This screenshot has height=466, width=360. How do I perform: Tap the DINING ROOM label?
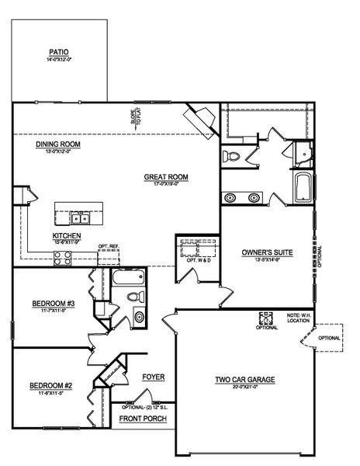58,144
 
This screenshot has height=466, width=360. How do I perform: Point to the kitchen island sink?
79,218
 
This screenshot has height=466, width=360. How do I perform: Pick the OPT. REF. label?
108,247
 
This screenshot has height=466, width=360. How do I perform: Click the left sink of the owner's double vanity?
230,198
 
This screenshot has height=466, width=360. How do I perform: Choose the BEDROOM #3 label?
52,303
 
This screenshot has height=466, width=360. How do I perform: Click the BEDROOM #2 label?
50,386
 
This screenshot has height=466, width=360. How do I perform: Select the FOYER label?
153,377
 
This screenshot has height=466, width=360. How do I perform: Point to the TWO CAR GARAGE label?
244,380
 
